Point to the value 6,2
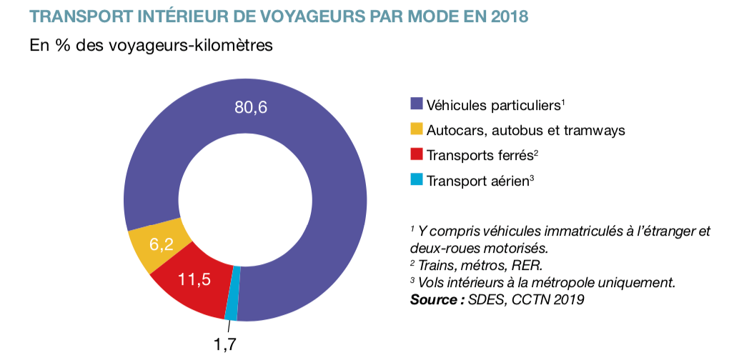pos(162,244)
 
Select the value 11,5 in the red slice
pos(194,279)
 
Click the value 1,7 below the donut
pos(224,344)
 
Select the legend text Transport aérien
pos(477,181)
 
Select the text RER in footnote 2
pos(527,266)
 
